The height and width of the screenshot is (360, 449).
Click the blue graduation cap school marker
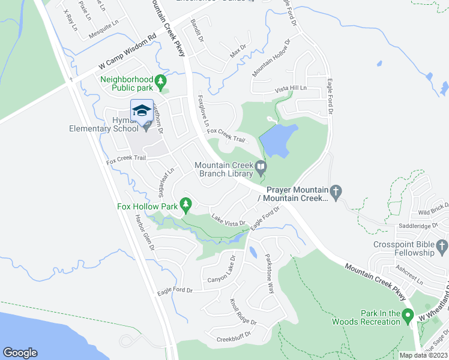(x=142, y=110)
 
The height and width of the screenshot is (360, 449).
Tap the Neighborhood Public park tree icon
(x=160, y=80)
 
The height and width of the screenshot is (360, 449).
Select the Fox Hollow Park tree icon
(x=186, y=206)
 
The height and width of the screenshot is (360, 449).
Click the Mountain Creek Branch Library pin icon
(x=261, y=166)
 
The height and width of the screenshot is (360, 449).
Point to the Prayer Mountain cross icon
(x=336, y=191)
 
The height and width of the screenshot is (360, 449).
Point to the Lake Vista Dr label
(x=228, y=220)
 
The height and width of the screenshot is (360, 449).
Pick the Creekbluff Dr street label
(x=236, y=337)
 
